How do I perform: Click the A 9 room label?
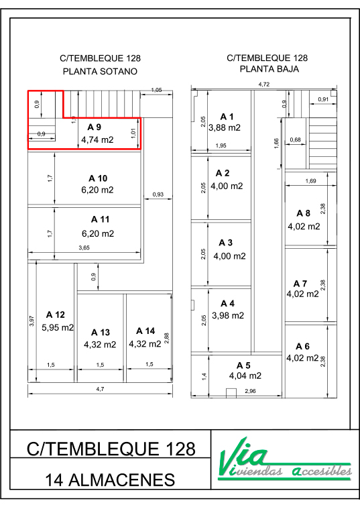tap(94, 127)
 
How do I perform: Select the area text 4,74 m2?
tap(97, 140)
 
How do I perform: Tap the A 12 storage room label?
tap(56, 315)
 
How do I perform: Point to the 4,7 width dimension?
tap(100, 389)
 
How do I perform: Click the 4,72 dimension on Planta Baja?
tap(264, 84)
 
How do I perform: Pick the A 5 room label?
tap(243, 365)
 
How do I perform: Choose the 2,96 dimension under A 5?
tap(250, 391)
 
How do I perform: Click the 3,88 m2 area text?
tap(225, 127)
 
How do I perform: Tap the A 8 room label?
tap(304, 213)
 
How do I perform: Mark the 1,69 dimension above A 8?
tap(310, 181)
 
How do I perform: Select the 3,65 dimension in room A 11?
tap(84, 247)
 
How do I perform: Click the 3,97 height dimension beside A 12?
tap(32, 321)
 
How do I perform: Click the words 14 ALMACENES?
tap(110, 480)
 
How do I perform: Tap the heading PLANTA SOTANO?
tap(100, 71)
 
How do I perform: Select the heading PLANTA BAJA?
tap(269, 69)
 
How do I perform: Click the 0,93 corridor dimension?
tap(158, 194)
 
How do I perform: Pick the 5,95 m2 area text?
tap(58, 327)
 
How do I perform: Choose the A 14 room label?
tap(145, 331)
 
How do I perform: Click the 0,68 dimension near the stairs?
tap(296, 140)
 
